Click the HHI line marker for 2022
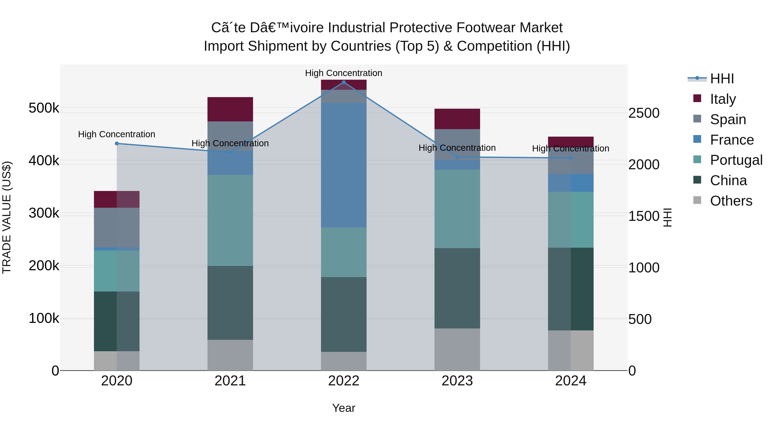(344, 82)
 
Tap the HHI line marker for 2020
(117, 143)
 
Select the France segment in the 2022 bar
(344, 165)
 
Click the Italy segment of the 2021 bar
(230, 109)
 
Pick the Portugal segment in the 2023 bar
(457, 209)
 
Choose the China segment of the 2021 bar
(230, 303)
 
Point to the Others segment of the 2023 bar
(457, 350)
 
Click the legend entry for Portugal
(736, 160)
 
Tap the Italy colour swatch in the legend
(697, 98)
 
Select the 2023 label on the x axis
(457, 381)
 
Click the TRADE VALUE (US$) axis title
(7, 217)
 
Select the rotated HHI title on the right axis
(667, 217)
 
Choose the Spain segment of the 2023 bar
(457, 144)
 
